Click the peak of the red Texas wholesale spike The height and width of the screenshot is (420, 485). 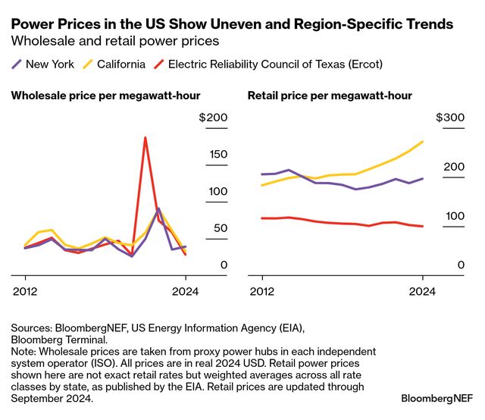(x=145, y=137)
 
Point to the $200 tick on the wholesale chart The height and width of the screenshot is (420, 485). (x=213, y=118)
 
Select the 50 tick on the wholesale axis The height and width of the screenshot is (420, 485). (x=220, y=228)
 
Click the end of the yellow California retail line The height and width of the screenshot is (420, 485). (x=422, y=142)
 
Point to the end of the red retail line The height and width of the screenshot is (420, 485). (x=422, y=226)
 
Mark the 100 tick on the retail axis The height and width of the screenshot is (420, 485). (x=453, y=216)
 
